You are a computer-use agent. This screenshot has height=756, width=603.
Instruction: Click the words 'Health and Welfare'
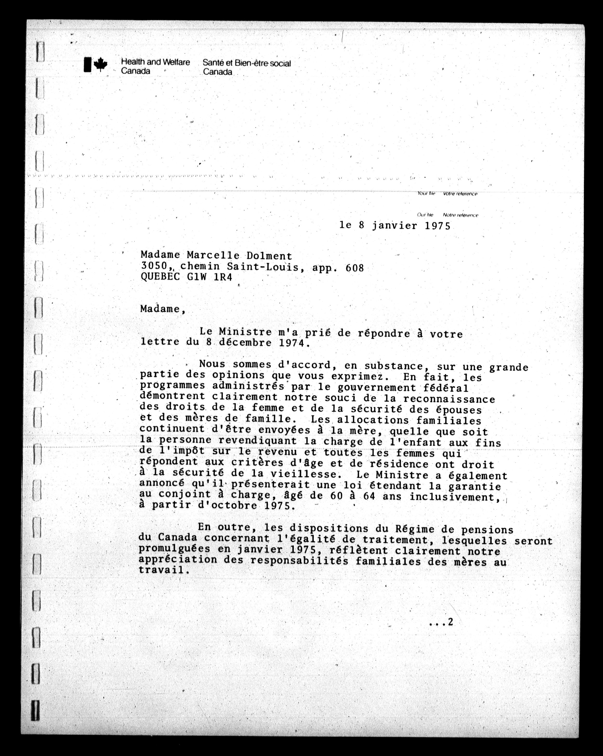pos(155,62)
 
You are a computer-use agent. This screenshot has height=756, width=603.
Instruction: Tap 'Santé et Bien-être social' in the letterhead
pos(247,63)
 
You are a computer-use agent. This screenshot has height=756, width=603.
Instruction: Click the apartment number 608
pos(355,268)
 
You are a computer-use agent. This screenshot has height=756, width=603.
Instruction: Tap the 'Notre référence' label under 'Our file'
pos(460,215)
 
